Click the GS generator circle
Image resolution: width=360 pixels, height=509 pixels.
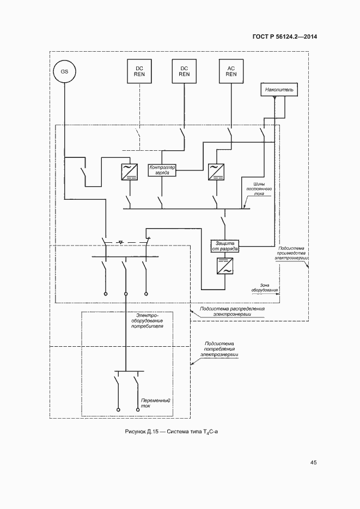coord(64,72)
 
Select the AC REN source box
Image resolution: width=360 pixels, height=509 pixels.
coord(231,71)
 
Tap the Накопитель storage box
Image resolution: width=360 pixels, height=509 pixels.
coord(279,88)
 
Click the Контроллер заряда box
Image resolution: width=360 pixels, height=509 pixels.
coord(162,170)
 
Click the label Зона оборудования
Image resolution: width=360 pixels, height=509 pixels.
coord(265,288)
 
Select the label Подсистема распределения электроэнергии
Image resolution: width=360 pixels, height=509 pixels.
coord(232,311)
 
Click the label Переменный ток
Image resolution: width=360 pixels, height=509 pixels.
coord(155,403)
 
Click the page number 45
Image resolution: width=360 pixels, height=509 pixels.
coord(313,463)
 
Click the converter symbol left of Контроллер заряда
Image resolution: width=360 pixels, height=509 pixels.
coord(129,171)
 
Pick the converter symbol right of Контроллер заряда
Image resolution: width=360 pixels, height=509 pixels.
coord(216,171)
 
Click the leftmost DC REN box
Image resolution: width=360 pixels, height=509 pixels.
coord(139,71)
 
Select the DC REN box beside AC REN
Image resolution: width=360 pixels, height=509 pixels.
coord(184,71)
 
